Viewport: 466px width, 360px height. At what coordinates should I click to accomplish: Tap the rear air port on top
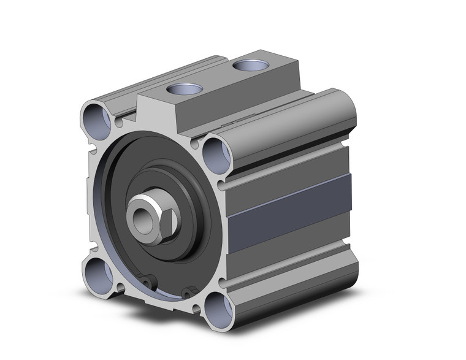click(x=250, y=65)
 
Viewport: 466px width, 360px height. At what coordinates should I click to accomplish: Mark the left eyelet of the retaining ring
click(x=147, y=280)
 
